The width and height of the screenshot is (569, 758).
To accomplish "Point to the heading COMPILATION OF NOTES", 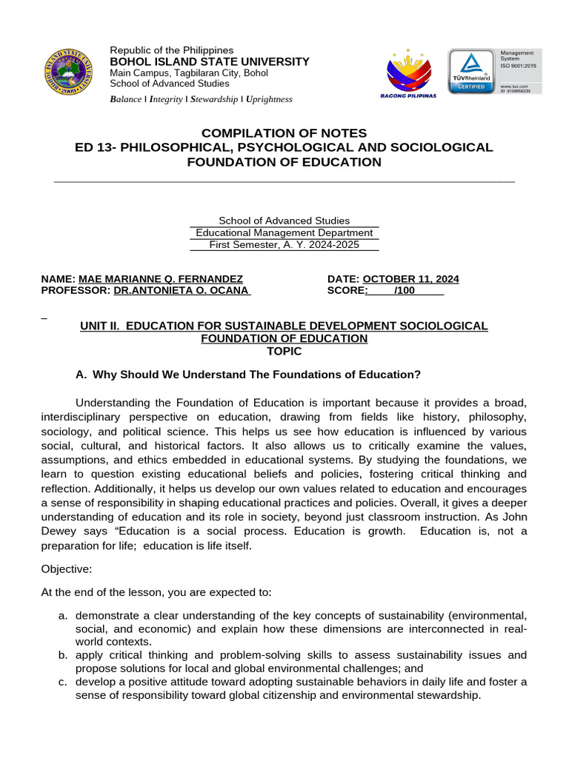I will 284,133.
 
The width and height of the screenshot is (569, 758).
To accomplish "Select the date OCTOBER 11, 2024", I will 410,279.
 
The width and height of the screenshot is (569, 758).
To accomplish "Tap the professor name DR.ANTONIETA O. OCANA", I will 181,291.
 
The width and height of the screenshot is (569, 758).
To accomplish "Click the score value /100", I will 405,291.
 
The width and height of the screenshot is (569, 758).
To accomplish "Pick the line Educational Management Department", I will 284,232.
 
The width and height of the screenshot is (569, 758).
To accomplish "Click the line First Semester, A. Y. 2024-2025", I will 284,244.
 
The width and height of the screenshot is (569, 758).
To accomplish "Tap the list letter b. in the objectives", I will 63,655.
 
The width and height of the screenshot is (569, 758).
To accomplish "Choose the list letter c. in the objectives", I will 63,682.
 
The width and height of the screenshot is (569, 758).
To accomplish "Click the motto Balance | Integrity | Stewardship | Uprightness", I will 201,99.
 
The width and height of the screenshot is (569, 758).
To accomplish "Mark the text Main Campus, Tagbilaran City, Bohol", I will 189,73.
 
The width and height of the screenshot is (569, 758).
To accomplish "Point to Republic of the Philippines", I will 171,50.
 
